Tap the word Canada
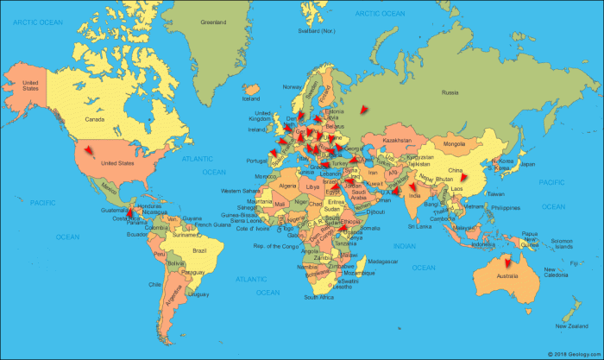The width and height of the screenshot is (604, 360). tap(94, 120)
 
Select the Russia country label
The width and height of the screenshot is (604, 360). tap(450, 92)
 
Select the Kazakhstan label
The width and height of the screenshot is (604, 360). tap(398, 140)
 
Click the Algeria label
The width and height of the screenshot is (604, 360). tap(286, 185)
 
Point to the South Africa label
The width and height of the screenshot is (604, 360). tap(318, 297)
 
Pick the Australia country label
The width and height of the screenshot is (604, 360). tap(513, 276)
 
